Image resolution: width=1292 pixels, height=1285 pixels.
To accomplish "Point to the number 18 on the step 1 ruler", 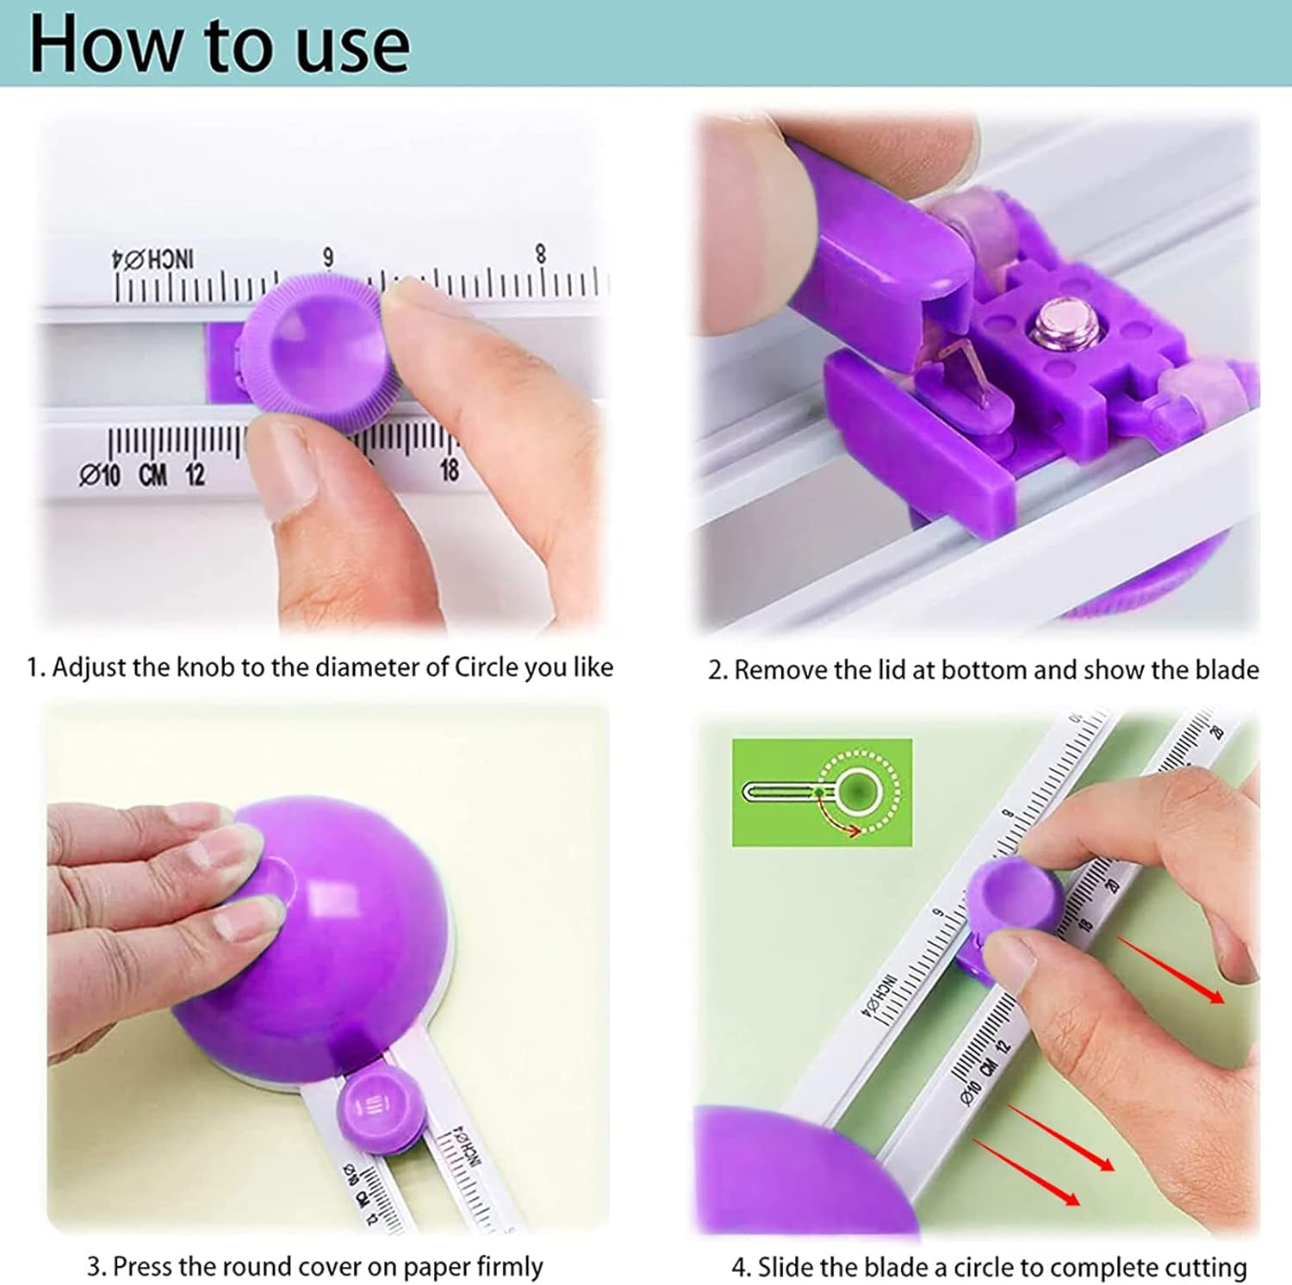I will point(449,470).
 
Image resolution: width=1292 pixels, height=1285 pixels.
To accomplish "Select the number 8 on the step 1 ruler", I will point(540,253).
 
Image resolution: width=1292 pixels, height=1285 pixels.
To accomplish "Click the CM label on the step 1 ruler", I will point(152,474).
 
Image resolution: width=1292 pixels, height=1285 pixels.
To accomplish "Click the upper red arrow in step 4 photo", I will point(1171,969).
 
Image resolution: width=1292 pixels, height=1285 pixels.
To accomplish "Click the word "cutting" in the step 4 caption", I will point(1205,1268).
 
